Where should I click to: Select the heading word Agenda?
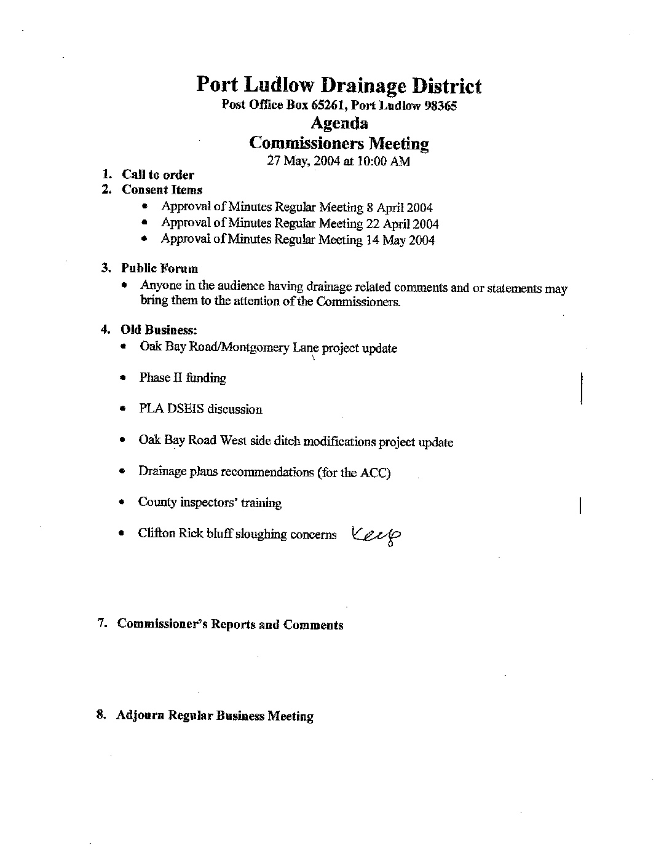[339, 123]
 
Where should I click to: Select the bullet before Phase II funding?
[124, 377]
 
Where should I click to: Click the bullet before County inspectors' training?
[124, 503]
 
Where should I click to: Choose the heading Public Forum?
[159, 269]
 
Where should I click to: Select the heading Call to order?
[157, 175]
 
